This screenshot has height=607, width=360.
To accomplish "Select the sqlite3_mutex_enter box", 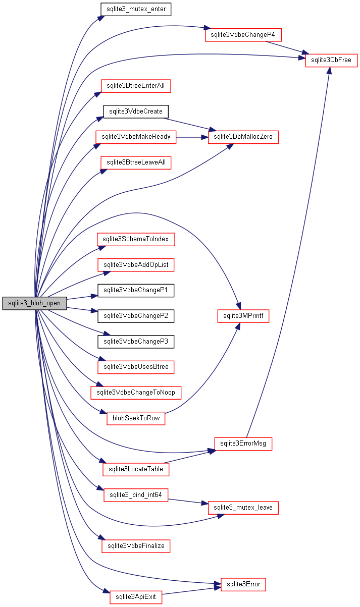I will click(136, 9).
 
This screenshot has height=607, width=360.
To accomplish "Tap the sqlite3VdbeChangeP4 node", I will click(243, 35).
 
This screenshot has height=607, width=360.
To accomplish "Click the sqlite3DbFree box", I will click(331, 61).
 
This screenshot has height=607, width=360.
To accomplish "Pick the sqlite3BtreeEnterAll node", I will click(136, 86).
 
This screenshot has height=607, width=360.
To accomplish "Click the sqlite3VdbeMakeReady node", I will click(136, 137).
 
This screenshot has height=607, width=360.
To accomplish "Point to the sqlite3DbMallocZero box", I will click(243, 137).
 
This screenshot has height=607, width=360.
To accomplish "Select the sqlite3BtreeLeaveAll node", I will click(136, 162).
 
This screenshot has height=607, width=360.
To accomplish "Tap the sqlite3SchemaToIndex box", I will click(136, 239).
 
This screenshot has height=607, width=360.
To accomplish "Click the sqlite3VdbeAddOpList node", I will click(136, 264).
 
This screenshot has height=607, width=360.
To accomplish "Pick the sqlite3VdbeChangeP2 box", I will click(136, 316).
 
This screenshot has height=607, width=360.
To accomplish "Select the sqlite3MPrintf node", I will click(243, 316).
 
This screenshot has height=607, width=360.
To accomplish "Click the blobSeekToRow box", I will click(136, 418).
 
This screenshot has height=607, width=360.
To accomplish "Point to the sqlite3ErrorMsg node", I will click(243, 444).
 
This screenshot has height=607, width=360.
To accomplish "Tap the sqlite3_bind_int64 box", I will click(136, 495).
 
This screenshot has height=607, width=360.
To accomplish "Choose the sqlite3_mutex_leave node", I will click(243, 508).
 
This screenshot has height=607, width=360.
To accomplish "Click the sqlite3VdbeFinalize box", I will click(136, 546).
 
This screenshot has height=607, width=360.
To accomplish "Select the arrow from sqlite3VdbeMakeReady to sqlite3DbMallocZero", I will click(192, 137).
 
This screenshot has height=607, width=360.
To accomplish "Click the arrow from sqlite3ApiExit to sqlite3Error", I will click(192, 591).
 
